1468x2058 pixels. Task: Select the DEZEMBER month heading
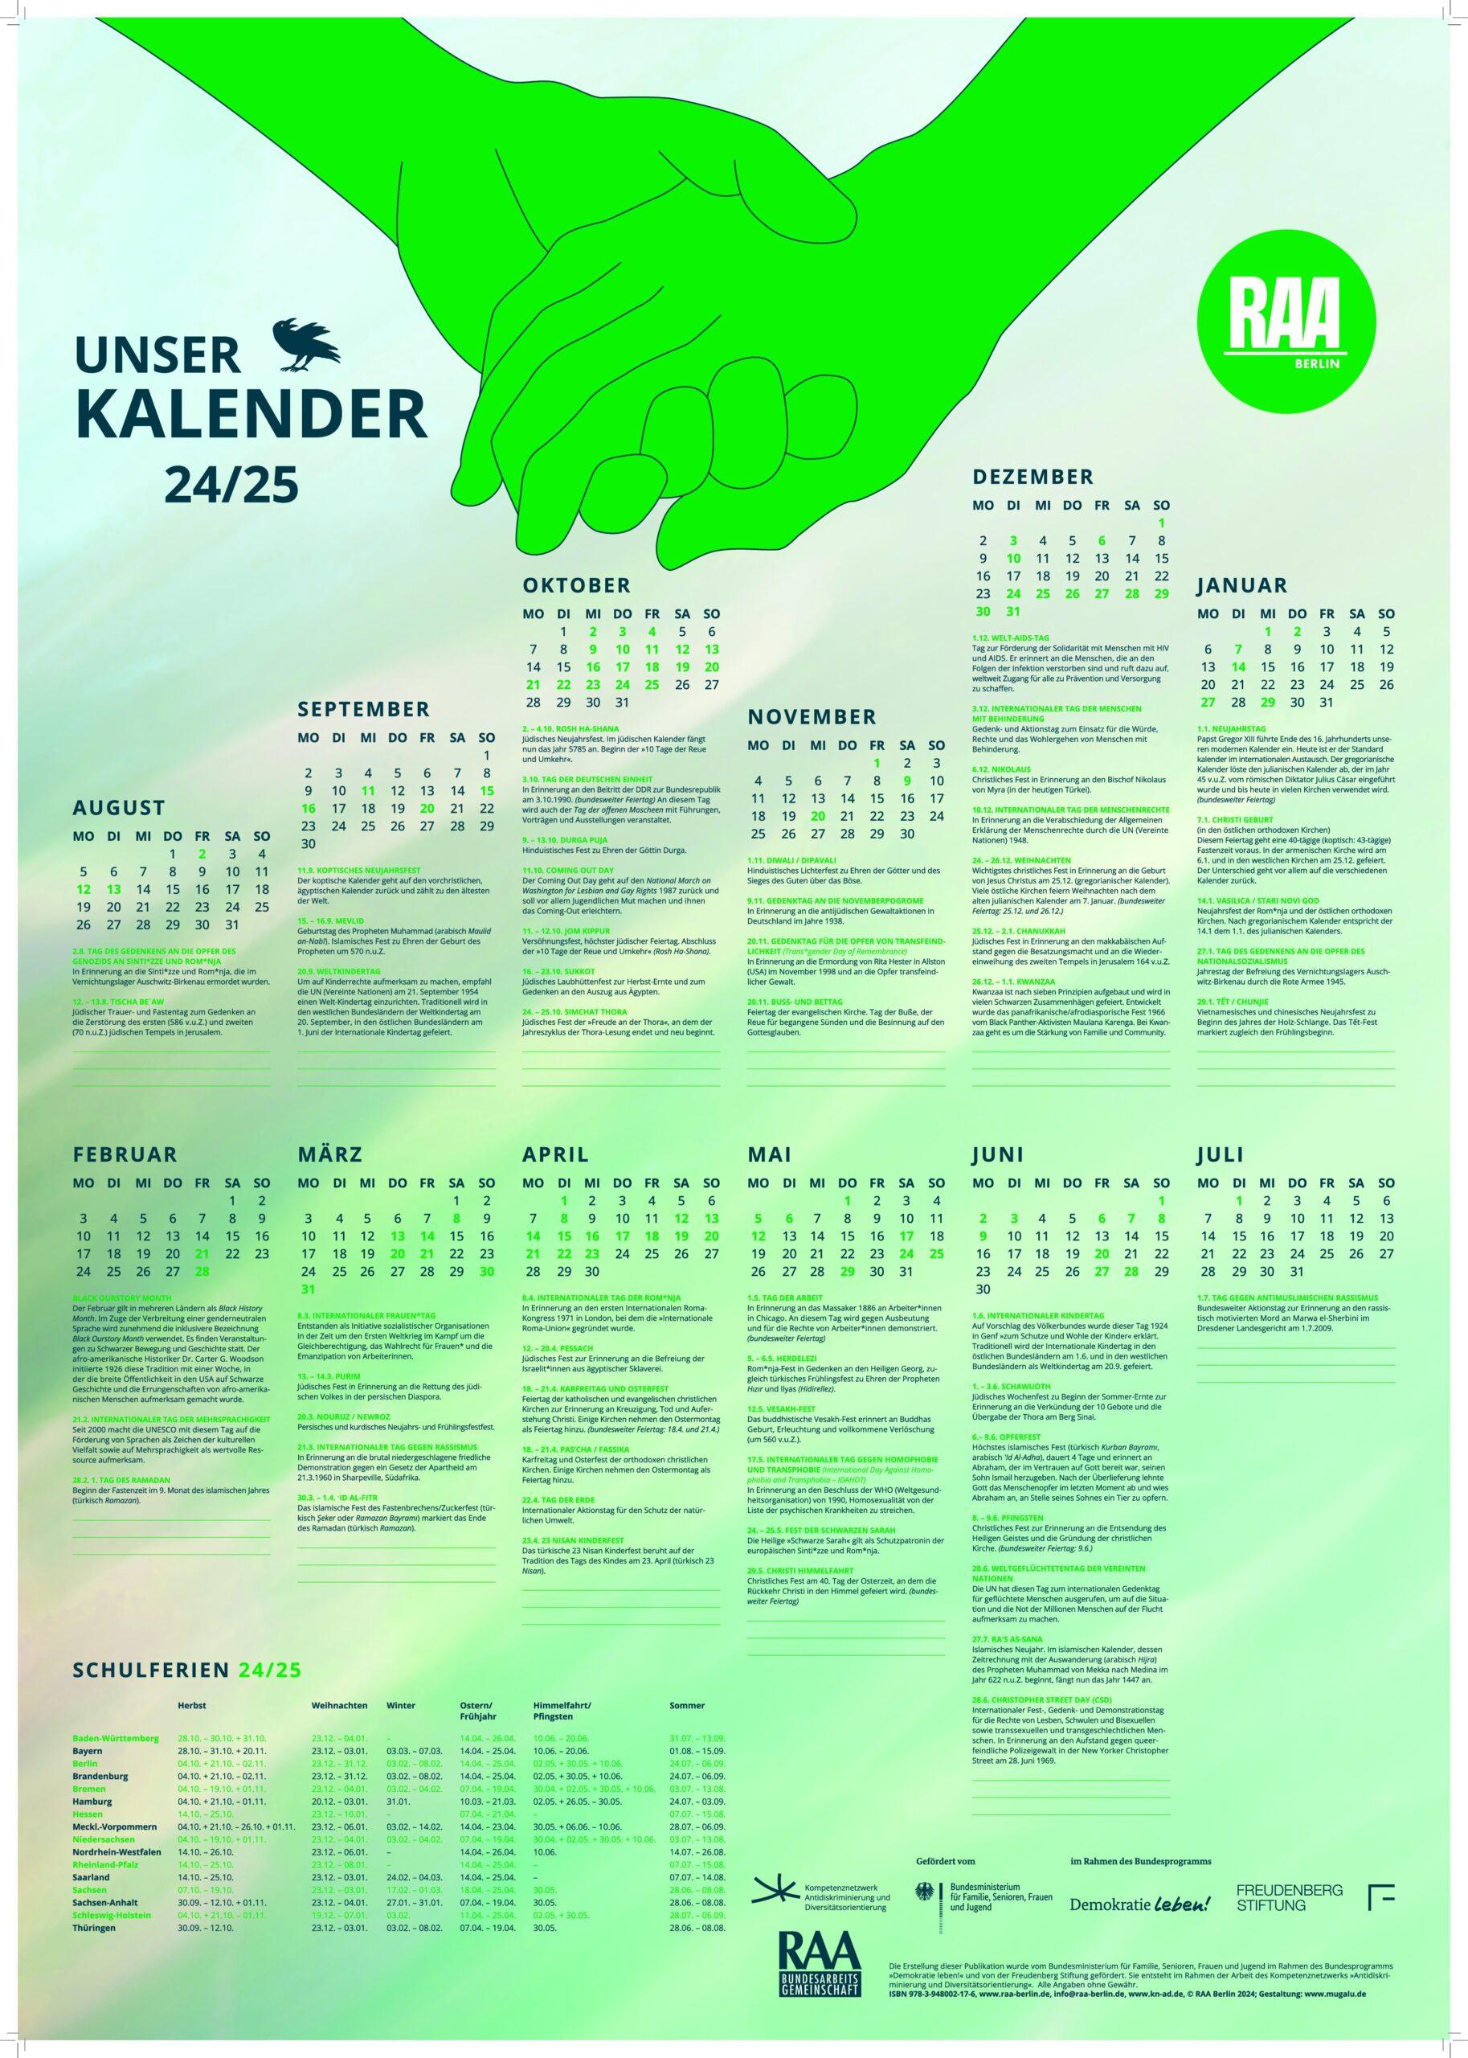pos(1033,476)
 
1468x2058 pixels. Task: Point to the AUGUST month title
pos(118,806)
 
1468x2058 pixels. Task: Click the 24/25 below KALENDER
pos(231,485)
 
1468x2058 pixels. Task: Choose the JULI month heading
pos(1221,1154)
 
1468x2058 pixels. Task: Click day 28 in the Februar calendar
pos(202,1270)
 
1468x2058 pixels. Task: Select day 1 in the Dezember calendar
pos(1160,522)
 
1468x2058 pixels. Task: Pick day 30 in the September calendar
pos(309,842)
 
